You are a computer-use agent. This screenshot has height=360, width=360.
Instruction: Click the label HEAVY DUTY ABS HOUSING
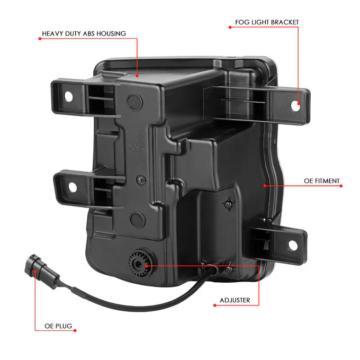coord(84,34)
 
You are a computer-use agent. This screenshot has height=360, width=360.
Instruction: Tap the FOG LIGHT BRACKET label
coord(267,22)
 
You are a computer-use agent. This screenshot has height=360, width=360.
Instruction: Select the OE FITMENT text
coord(322,181)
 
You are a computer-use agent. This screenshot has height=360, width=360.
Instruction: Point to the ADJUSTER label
coord(235,300)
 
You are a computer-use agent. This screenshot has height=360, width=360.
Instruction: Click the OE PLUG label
coord(58,326)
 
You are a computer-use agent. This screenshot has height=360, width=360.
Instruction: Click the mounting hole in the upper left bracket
coord(68,97)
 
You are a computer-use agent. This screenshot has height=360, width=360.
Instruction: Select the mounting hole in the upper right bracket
coord(295,105)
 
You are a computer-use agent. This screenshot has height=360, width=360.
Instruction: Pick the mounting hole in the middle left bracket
coord(73,187)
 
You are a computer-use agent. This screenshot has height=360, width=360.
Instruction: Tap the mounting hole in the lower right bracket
coord(293,245)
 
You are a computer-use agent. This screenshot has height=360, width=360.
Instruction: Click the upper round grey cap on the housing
coord(134,101)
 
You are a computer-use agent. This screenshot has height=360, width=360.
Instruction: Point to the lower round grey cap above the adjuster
coord(137,220)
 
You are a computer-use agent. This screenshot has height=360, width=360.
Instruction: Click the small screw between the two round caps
coord(141,179)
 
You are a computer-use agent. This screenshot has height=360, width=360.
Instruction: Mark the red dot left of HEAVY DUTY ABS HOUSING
coord(40,39)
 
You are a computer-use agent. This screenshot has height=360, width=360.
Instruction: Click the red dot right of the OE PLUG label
coord(75,330)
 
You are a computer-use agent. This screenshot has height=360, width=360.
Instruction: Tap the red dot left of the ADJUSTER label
coord(214,305)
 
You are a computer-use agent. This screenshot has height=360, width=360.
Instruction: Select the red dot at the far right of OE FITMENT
coord(341,186)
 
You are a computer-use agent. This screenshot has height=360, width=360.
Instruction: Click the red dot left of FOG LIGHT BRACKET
coord(230,28)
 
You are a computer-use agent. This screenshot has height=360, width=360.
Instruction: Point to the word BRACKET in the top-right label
coord(284,22)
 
